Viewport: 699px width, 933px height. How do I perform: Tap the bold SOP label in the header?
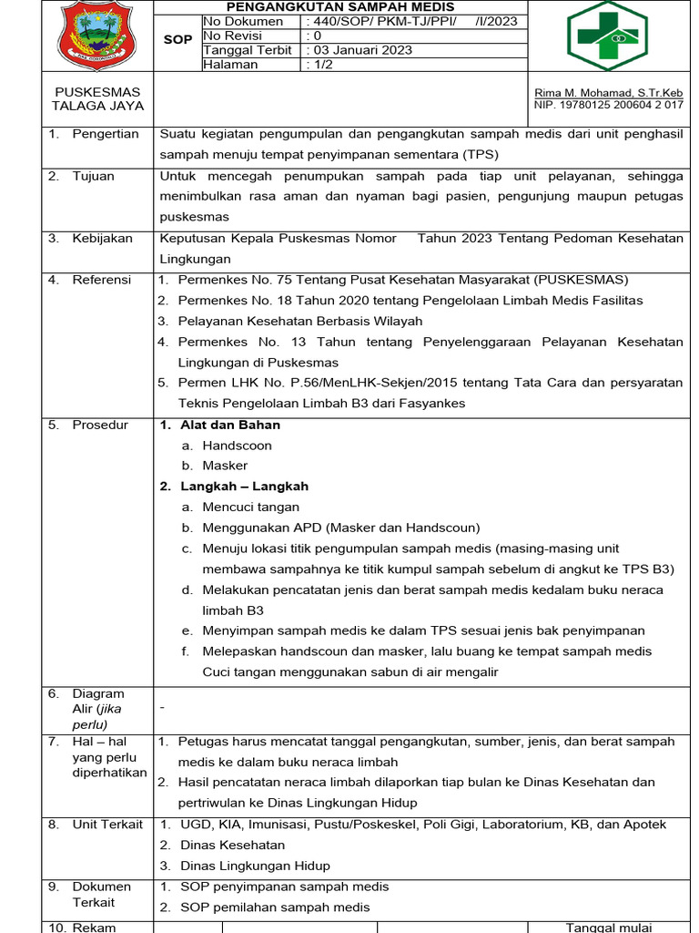coord(177,40)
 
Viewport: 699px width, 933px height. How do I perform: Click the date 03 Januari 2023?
coord(362,50)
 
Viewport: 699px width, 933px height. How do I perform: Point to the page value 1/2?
coord(323,65)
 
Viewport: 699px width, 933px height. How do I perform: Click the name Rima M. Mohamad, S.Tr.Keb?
coord(609,93)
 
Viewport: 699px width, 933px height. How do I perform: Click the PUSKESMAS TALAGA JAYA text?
coord(98,99)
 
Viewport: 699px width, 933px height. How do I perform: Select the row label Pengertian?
coord(106,134)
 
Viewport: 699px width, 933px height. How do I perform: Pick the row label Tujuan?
coord(93,176)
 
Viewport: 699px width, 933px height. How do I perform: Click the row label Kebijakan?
coord(102,238)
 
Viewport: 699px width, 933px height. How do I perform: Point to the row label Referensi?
coord(102,280)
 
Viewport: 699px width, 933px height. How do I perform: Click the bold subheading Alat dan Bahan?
coord(229,425)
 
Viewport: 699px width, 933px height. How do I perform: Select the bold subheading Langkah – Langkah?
coord(244,487)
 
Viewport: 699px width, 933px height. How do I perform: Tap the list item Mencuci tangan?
coord(250,507)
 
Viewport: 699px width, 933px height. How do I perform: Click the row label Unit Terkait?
coord(107,825)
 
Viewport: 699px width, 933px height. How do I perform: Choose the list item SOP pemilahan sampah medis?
coord(275,907)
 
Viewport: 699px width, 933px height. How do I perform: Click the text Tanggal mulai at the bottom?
coord(608,927)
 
